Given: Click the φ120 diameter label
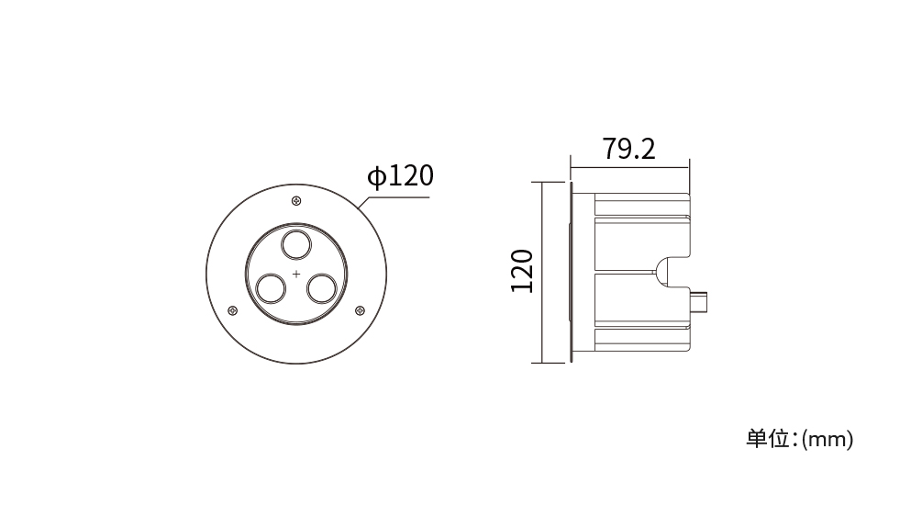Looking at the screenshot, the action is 400,175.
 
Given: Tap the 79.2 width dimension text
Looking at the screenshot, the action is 628,149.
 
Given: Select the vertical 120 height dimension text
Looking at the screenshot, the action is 522,271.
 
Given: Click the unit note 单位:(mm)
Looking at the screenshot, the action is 799,439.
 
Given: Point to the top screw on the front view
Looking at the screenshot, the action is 296,201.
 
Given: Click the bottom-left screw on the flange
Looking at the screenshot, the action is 233,310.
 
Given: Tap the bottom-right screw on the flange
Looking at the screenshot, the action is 360,310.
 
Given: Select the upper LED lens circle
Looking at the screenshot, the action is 296,245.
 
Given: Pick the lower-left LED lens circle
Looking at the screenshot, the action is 271,288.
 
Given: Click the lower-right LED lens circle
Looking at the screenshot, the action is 322,288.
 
